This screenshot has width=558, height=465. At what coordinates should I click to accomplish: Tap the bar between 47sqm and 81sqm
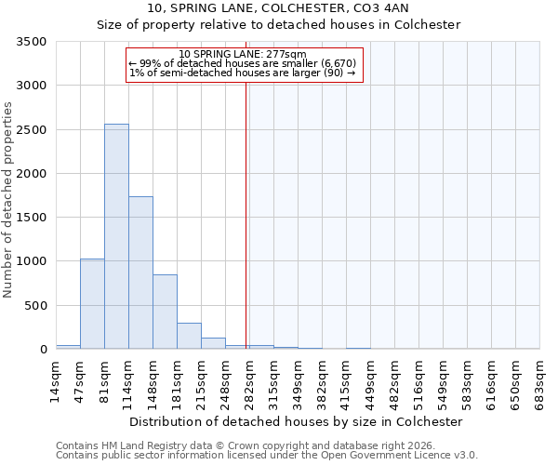(x=92, y=304)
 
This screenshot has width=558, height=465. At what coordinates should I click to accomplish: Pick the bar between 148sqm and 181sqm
(x=165, y=312)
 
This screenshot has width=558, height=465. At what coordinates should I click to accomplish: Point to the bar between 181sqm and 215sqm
(x=189, y=336)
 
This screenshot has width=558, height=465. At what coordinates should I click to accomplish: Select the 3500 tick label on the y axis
(x=32, y=42)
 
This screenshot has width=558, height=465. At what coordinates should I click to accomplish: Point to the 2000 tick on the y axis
(x=32, y=174)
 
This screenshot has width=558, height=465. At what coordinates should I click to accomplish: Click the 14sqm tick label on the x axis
(x=57, y=379)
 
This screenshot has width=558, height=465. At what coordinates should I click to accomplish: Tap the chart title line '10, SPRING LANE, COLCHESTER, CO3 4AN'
(x=278, y=8)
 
